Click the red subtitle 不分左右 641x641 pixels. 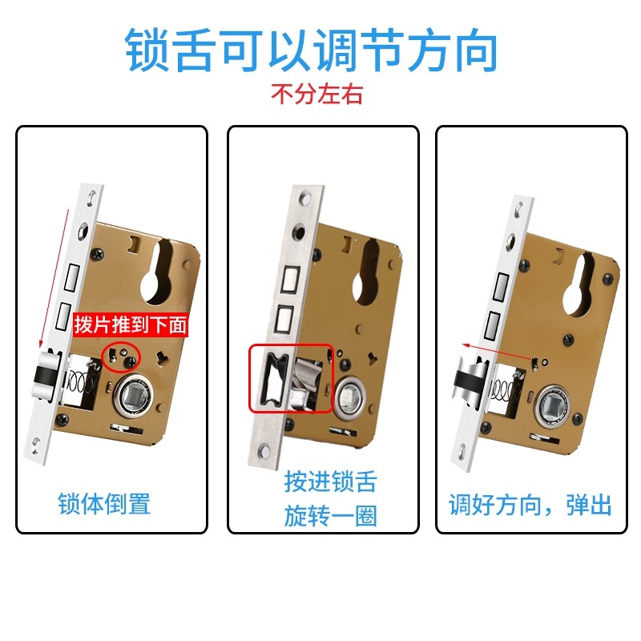pyautogui.click(x=316, y=95)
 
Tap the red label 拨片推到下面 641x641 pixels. pyautogui.click(x=130, y=325)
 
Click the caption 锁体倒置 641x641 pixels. pyautogui.click(x=104, y=504)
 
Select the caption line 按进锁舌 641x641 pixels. pyautogui.click(x=329, y=482)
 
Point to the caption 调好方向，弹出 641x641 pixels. pyautogui.click(x=530, y=505)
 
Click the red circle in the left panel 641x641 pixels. pyautogui.click(x=122, y=354)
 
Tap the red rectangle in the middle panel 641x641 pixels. pyautogui.click(x=291, y=379)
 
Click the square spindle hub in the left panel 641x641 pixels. pyautogui.click(x=131, y=393)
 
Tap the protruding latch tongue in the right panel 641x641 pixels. pyautogui.click(x=468, y=379)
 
